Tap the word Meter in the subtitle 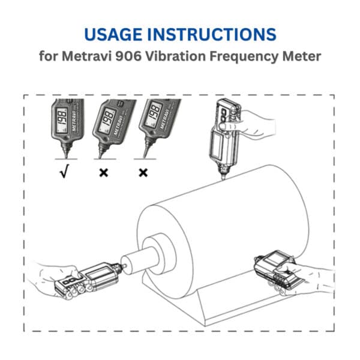click(304, 58)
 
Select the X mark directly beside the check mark click(104, 173)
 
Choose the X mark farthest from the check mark click(143, 173)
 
